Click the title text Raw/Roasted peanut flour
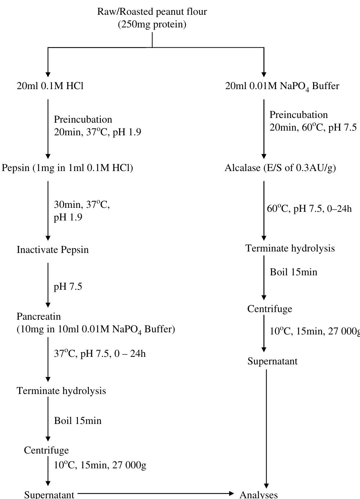point(152,12)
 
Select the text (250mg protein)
point(152,25)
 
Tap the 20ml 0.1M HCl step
point(50,86)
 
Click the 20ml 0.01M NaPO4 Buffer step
point(282,86)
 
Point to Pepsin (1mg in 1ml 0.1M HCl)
point(67,168)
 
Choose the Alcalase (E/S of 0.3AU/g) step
point(280,168)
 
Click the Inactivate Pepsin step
point(53,250)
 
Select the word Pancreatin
point(39,316)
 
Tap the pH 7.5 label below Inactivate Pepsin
point(68,286)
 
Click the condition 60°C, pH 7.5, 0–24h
point(309,209)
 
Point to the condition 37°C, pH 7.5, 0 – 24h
point(100,354)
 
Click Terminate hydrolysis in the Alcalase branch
point(290,248)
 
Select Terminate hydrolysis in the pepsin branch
point(61,391)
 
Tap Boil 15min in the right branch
point(294,272)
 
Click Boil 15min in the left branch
point(78,421)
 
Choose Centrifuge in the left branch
point(46,450)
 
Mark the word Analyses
point(259,494)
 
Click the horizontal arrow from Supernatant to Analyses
point(155,493)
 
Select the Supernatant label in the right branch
point(272,361)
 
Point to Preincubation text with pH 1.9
point(97,126)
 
